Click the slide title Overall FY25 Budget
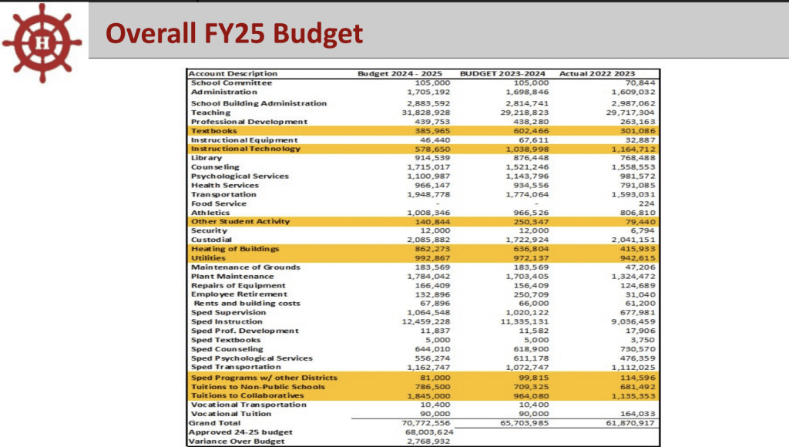point(233,34)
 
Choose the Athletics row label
point(211,212)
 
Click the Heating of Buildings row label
point(234,249)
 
